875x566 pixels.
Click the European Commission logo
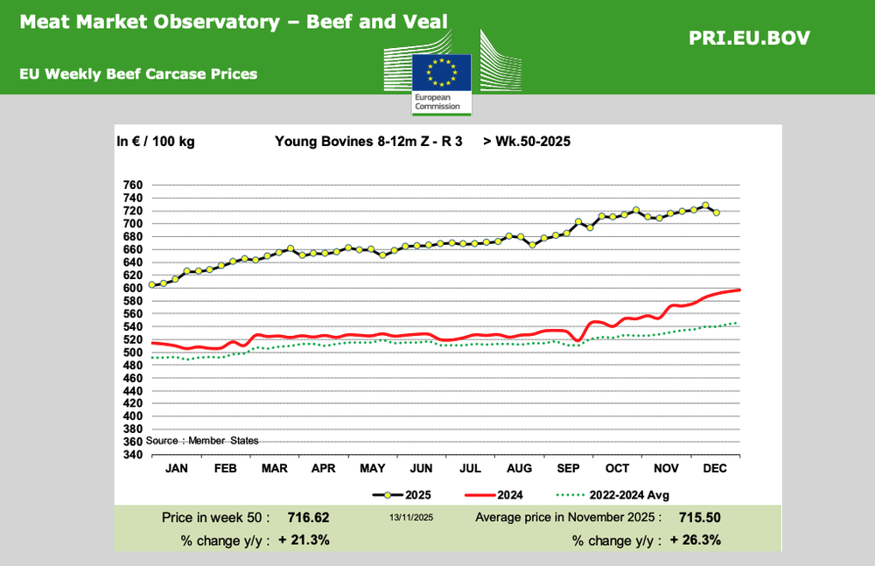pyautogui.click(x=442, y=82)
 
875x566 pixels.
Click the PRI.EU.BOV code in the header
pyautogui.click(x=749, y=38)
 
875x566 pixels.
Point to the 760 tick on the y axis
pyautogui.click(x=131, y=185)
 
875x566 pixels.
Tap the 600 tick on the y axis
pyautogui.click(x=131, y=288)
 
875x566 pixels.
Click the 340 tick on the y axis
pyautogui.click(x=131, y=454)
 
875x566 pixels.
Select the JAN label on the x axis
pyautogui.click(x=177, y=469)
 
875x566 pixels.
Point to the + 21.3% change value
pyautogui.click(x=304, y=540)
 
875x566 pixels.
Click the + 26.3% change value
pyautogui.click(x=695, y=540)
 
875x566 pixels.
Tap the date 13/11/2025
pyautogui.click(x=411, y=518)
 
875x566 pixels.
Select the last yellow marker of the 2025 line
pyautogui.click(x=717, y=213)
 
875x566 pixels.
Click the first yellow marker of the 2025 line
pyautogui.click(x=152, y=284)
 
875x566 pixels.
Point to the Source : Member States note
pyautogui.click(x=202, y=440)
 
